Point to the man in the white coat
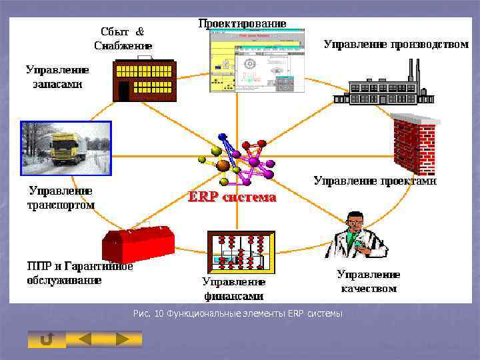[360, 237]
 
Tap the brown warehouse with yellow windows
[144, 81]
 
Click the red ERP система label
[231, 197]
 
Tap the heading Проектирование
[243, 23]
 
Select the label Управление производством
[396, 45]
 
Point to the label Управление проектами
[375, 180]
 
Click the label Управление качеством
[369, 281]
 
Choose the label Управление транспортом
[60, 198]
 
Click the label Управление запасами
[57, 77]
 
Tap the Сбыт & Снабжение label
[123, 38]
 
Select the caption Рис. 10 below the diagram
[238, 313]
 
